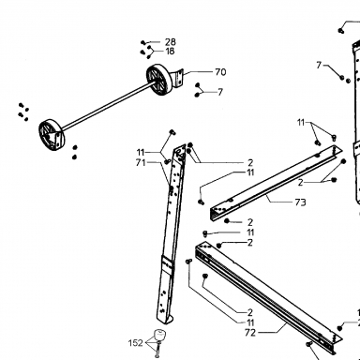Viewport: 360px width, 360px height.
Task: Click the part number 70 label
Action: pos(220,72)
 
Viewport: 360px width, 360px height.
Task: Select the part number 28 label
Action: pos(171,42)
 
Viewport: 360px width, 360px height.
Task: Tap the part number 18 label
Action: pos(170,52)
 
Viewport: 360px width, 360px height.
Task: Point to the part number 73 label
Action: pos(300,202)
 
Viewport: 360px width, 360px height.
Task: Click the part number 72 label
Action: pos(250,333)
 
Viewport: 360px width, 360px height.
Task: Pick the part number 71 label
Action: pos(141,162)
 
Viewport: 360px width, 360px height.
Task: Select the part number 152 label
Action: pos(135,343)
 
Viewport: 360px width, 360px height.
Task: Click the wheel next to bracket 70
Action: pos(160,79)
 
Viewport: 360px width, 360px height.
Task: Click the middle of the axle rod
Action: pos(108,106)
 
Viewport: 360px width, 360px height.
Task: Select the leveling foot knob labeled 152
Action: pos(159,335)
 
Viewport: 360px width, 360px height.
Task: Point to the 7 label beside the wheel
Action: pos(220,92)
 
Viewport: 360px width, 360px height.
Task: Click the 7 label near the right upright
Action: pos(319,65)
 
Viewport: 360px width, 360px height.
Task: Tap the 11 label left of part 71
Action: pos(141,153)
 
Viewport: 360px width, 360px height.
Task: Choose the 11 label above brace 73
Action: pos(301,123)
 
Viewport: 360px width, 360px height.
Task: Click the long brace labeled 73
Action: pos(275,183)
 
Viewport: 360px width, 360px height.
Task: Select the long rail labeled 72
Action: pos(269,298)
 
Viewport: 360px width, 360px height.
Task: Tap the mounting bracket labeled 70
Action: pos(178,78)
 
